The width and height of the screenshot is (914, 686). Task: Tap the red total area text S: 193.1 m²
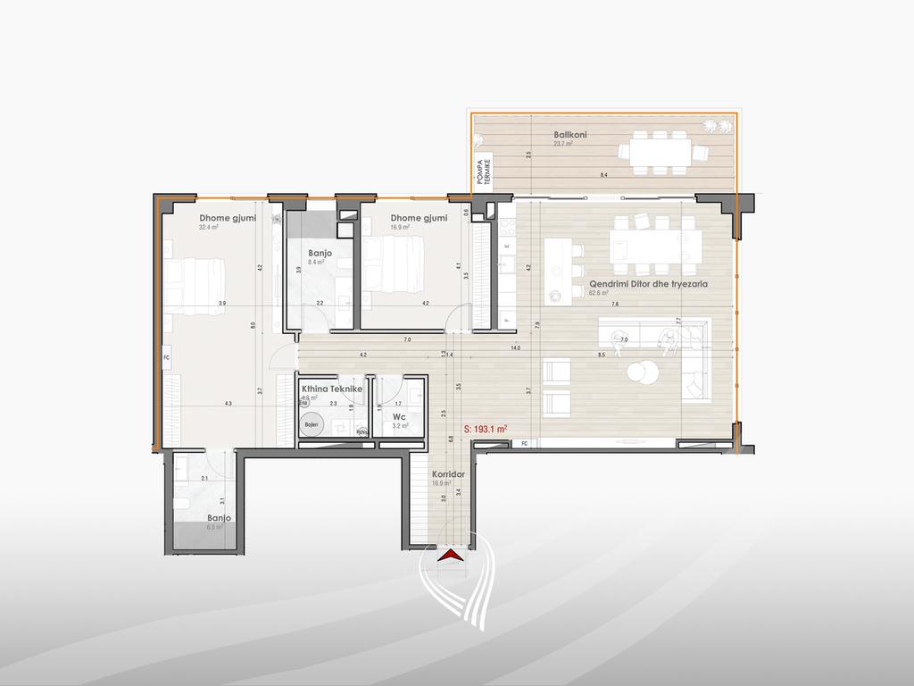[x=486, y=429]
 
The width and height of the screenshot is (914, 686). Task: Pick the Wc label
[x=399, y=416]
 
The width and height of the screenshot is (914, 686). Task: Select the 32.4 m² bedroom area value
[x=209, y=228]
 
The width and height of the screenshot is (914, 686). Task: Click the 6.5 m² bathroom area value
[x=214, y=527]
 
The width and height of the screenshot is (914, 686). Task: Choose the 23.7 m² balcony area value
[x=562, y=143]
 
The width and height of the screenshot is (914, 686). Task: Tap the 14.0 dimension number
[x=515, y=349]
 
